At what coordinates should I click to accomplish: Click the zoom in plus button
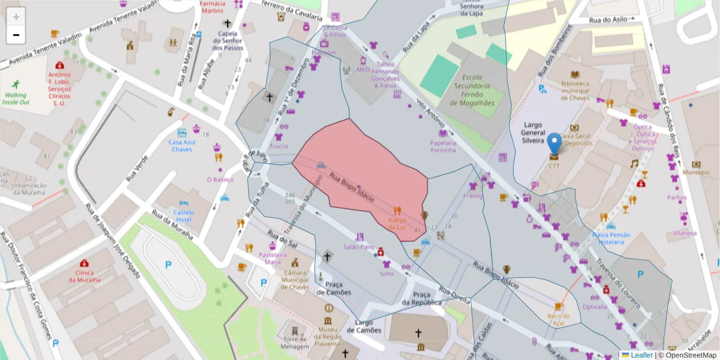[16, 17]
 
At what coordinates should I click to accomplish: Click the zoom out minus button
[16, 35]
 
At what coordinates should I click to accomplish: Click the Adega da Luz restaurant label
[397, 223]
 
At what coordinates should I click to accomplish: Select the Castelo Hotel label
[184, 215]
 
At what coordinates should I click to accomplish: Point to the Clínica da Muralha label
[84, 276]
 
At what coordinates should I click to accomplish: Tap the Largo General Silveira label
[529, 132]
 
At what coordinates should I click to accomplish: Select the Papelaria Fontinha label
[443, 146]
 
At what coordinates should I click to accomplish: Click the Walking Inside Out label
[16, 98]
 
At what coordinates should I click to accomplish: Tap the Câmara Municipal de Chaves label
[295, 280]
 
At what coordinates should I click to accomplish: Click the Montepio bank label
[696, 172]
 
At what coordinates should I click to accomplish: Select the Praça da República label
[422, 298]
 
